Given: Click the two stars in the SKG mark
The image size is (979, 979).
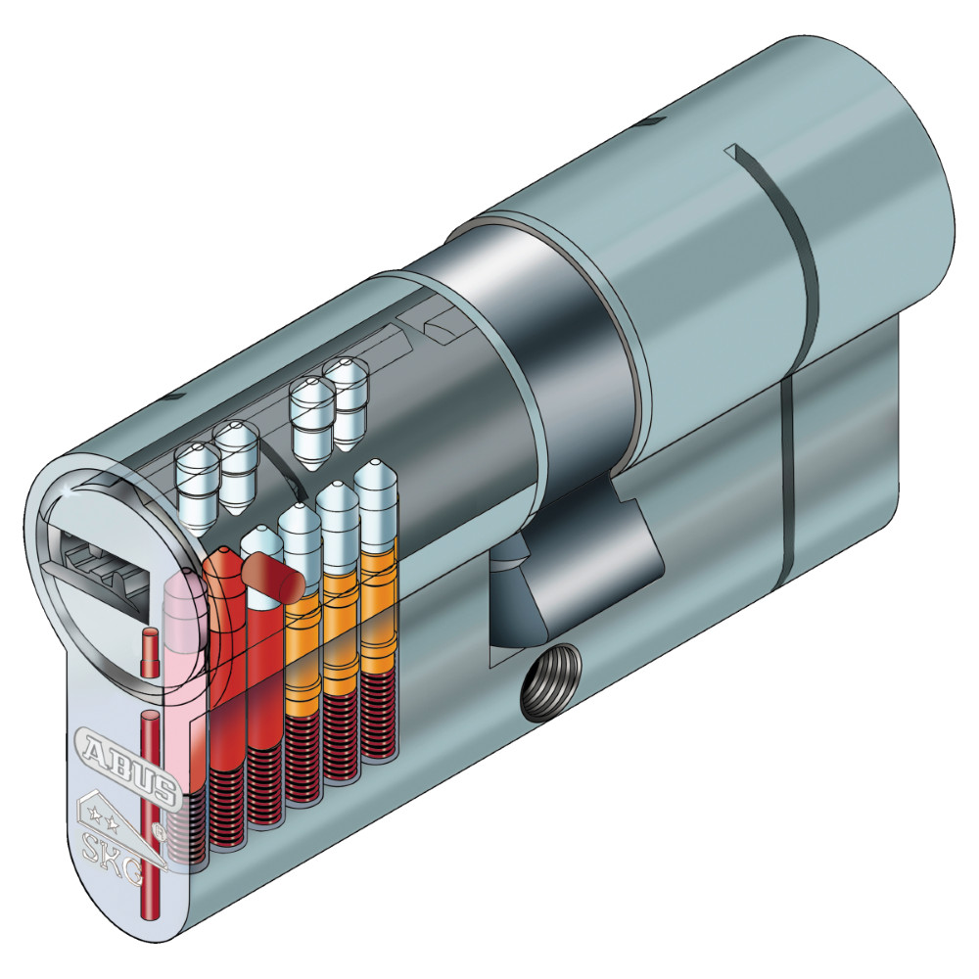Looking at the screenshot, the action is pos(105,816).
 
